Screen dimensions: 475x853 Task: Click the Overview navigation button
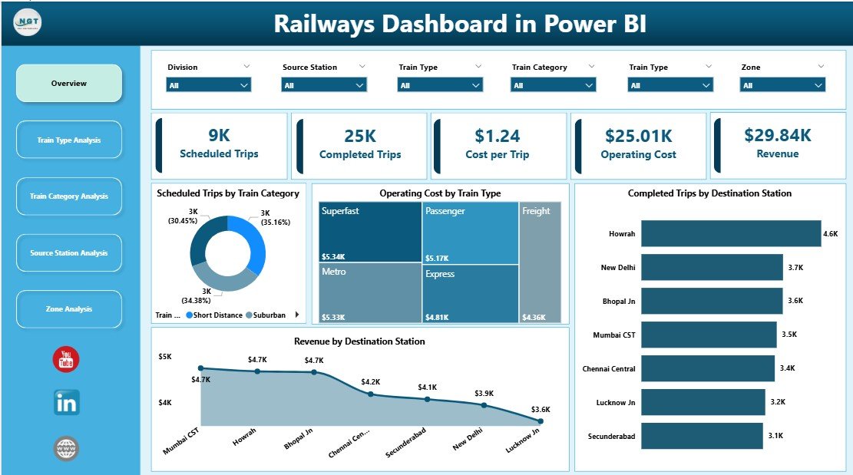(69, 83)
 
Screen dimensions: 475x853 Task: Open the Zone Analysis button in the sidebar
(69, 309)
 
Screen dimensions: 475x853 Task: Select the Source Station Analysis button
(69, 253)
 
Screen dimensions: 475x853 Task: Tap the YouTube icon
(66, 359)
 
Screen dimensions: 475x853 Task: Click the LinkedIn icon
(67, 403)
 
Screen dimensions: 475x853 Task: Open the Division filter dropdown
(209, 85)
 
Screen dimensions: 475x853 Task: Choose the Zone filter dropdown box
(782, 85)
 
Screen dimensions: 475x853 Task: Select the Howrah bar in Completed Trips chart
(730, 233)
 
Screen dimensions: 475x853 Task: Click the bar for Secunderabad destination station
(702, 436)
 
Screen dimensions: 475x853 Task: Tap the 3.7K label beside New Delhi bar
(795, 267)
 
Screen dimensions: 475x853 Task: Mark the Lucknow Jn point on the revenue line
(541, 421)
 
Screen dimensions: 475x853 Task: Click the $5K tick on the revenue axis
(166, 357)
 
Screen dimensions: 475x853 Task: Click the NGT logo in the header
(28, 22)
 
